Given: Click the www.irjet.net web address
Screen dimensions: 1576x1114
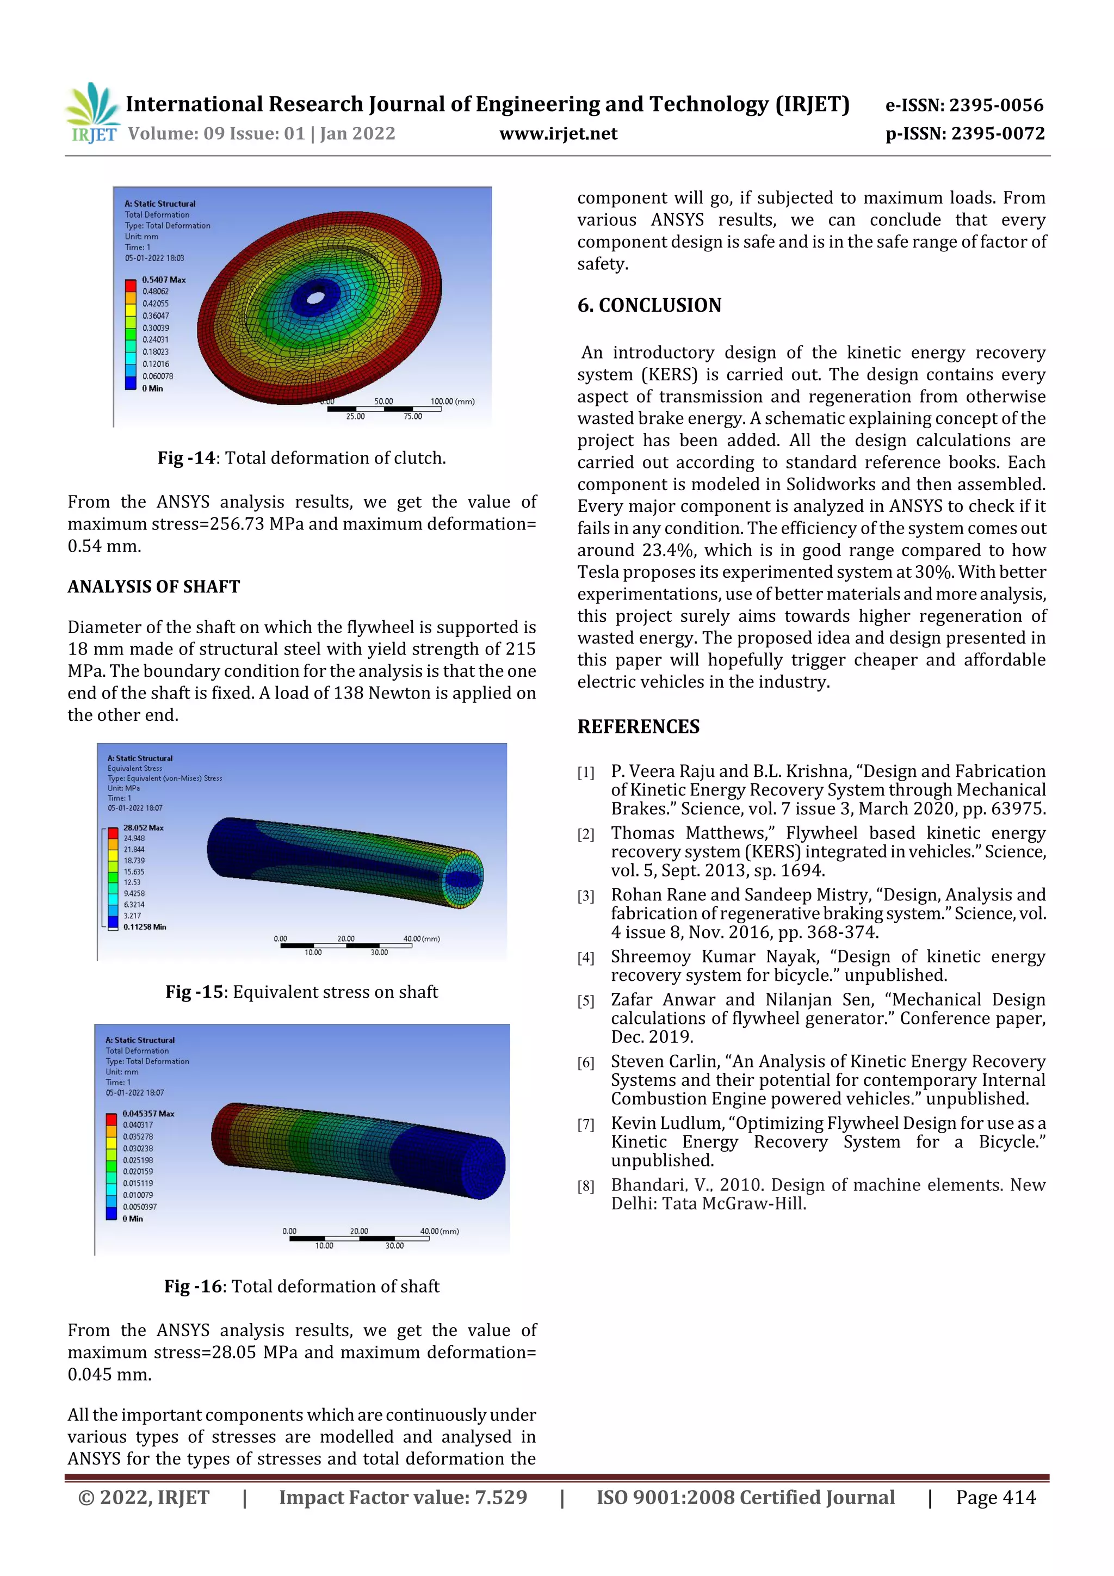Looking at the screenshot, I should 558,134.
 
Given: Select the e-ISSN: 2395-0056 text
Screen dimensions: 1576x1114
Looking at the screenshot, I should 964,105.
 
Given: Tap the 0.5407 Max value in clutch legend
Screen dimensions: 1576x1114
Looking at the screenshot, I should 163,280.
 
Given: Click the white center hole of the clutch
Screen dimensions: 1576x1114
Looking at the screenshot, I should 315,298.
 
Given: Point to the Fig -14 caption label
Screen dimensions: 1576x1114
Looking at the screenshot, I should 186,458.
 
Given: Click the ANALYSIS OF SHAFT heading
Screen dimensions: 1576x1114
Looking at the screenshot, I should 154,586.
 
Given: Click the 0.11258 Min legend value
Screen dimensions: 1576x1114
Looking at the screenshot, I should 145,926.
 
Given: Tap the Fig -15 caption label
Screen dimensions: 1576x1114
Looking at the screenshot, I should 194,992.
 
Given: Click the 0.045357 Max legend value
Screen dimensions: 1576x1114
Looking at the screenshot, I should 148,1114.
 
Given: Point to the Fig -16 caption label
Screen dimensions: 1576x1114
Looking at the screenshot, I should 193,1287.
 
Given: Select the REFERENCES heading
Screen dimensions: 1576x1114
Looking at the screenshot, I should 639,726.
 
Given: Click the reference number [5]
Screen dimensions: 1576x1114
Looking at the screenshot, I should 585,1002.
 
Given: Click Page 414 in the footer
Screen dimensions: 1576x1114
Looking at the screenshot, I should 995,1497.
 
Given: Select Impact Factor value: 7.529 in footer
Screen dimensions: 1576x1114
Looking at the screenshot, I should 403,1497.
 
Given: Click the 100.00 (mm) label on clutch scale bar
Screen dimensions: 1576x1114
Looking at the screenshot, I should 453,401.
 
